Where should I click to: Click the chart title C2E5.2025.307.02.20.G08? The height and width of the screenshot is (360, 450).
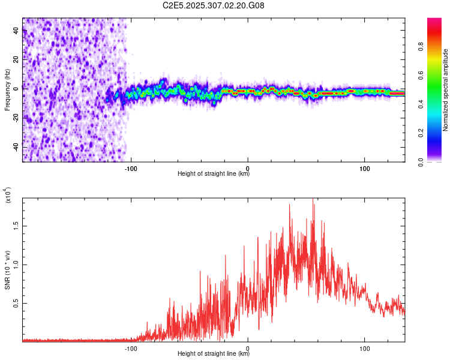pos(214,5)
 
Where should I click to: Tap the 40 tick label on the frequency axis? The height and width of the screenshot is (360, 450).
pos(16,31)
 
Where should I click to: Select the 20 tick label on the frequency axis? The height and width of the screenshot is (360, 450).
pos(16,59)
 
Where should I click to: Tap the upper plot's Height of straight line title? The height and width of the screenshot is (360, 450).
pos(214,174)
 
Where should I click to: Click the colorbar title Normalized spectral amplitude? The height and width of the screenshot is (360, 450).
pos(446,90)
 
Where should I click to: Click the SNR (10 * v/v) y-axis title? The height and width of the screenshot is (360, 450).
pos(7,270)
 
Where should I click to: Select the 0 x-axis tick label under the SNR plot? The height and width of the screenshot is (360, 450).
pos(248,347)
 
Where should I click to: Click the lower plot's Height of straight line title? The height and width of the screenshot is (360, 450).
pos(214,354)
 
